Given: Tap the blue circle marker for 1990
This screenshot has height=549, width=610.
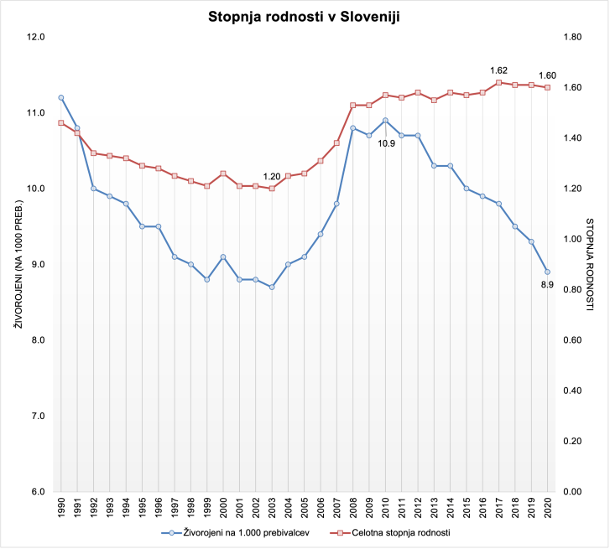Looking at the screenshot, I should [60, 97].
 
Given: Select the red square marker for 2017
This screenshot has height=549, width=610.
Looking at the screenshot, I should [498, 82].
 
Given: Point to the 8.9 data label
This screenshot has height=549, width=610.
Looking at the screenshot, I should [546, 285].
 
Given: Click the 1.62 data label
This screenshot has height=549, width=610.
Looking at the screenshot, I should [499, 70].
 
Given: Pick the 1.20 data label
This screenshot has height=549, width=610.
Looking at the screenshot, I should [272, 176].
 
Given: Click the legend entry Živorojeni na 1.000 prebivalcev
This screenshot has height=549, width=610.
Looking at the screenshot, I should [228, 531].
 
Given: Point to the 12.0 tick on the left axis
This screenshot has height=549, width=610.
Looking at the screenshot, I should [35, 37].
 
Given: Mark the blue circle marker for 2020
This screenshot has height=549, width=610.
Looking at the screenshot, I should [547, 272].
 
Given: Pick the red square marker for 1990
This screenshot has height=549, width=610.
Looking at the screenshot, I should [60, 122].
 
